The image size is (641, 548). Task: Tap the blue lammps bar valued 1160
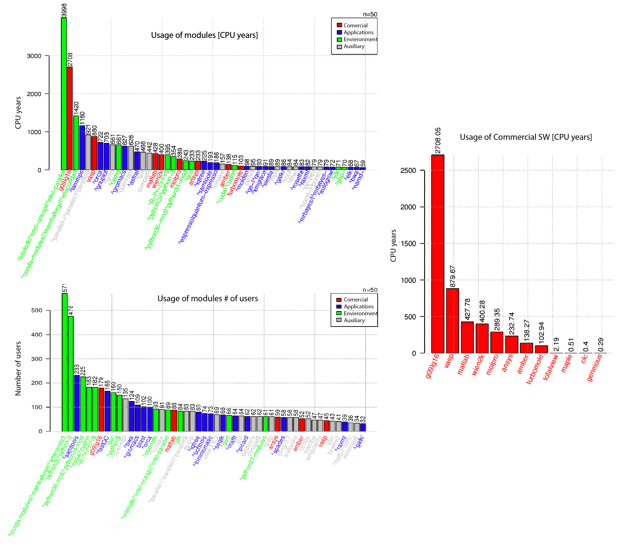click(x=82, y=148)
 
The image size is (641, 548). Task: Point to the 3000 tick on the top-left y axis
click(x=34, y=56)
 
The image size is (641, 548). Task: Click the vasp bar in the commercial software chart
click(x=452, y=320)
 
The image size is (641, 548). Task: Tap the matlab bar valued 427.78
click(x=467, y=337)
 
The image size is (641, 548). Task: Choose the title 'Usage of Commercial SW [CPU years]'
click(x=526, y=137)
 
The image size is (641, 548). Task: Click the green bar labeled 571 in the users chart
click(x=65, y=362)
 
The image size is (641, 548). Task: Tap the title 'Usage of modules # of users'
click(x=207, y=298)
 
